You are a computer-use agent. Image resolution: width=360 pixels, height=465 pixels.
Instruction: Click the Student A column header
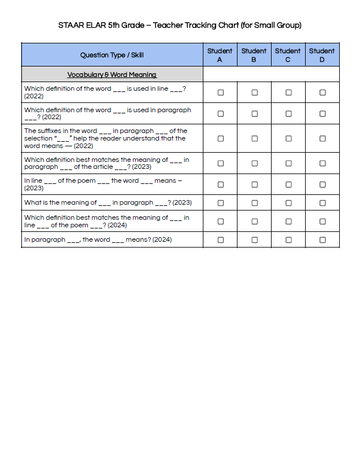(x=220, y=55)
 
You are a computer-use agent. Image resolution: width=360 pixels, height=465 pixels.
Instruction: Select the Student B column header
(x=254, y=55)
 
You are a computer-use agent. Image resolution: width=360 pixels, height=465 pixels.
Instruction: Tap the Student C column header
(x=288, y=55)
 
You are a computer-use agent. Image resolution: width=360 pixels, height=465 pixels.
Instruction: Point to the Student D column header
(x=322, y=55)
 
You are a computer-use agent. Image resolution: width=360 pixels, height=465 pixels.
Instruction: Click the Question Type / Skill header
(x=112, y=55)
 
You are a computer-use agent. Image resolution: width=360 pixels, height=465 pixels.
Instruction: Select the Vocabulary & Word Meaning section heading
(x=112, y=75)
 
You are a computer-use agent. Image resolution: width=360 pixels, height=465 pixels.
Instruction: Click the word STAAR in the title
(x=69, y=25)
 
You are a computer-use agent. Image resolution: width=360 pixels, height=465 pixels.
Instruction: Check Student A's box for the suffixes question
(x=220, y=139)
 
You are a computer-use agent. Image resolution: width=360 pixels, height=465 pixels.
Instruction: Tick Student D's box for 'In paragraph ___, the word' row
(x=322, y=239)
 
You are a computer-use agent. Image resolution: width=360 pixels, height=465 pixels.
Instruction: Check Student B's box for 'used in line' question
(x=254, y=93)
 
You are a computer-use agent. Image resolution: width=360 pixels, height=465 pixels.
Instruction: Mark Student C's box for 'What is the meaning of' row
(x=288, y=203)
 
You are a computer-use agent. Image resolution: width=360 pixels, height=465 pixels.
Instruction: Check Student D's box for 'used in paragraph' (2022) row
(x=322, y=113)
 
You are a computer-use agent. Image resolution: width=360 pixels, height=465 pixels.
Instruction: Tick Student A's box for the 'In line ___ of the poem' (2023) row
(x=220, y=184)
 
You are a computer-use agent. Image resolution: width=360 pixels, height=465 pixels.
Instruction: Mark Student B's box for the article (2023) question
(x=254, y=164)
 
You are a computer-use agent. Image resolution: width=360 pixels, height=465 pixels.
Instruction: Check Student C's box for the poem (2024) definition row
(x=288, y=222)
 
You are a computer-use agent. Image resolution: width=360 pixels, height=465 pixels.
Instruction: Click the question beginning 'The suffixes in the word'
(x=106, y=138)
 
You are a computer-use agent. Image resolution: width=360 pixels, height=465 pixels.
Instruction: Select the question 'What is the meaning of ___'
(x=108, y=203)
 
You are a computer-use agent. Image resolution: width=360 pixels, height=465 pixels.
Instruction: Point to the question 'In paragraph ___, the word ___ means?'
(x=98, y=239)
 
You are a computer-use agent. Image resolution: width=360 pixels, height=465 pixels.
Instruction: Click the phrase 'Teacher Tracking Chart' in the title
(x=196, y=25)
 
